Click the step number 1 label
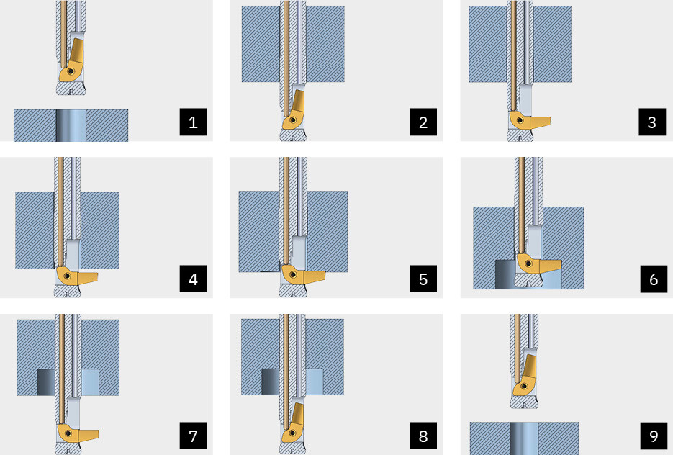coord(193,122)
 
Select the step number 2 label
coord(423,122)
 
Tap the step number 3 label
coord(652,122)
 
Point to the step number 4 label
coord(193,279)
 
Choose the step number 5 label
coord(423,279)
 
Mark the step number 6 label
coord(654,279)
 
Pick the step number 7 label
coord(193,436)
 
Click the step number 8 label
coord(423,436)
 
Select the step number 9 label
coord(654,436)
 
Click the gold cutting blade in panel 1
coord(74,62)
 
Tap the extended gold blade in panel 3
coord(529,122)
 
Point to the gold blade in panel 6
coord(538,264)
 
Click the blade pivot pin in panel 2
coord(293,120)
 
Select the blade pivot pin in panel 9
coord(523,387)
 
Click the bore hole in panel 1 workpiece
coord(71,125)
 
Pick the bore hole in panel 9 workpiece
coord(524,438)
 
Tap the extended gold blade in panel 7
coord(77,433)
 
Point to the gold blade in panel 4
coord(76,277)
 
